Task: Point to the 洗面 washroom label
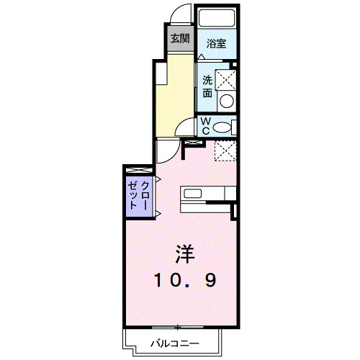pyautogui.click(x=207, y=86)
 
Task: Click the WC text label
pyautogui.click(x=205, y=127)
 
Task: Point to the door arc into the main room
pyautogui.click(x=166, y=149)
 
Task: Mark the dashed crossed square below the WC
pyautogui.click(x=226, y=150)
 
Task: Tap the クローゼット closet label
pyautogui.click(x=139, y=194)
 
